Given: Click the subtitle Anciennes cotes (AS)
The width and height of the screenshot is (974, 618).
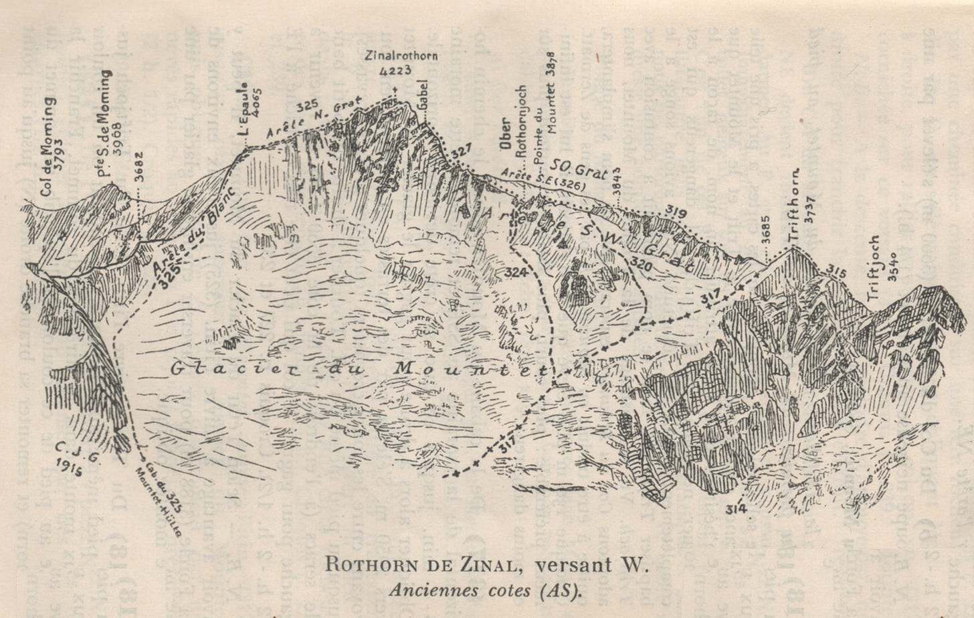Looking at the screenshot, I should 487,591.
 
